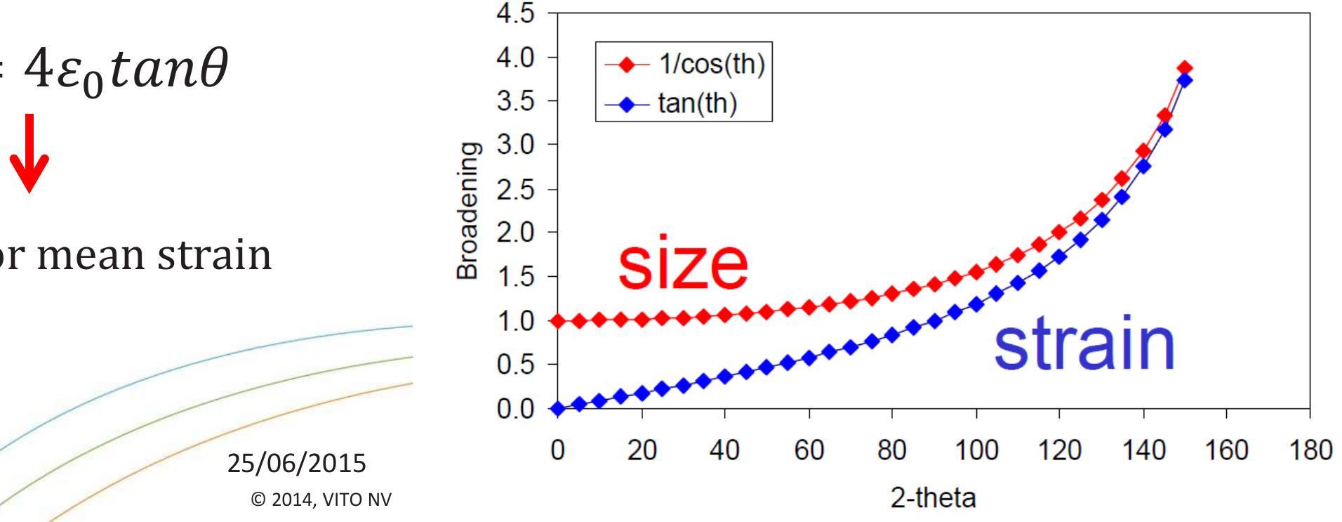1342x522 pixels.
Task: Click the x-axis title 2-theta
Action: tap(933, 498)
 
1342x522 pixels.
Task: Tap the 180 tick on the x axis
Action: tap(1309, 450)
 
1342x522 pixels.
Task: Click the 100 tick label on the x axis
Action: tap(976, 450)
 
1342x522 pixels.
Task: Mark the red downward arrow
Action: tap(29, 166)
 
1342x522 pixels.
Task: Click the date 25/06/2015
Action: tap(297, 464)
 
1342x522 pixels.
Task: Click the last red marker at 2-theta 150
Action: tap(1185, 68)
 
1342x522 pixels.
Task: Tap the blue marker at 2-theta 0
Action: tap(557, 409)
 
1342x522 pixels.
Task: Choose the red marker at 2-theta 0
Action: tap(557, 321)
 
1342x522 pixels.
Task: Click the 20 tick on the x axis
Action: tap(642, 450)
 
